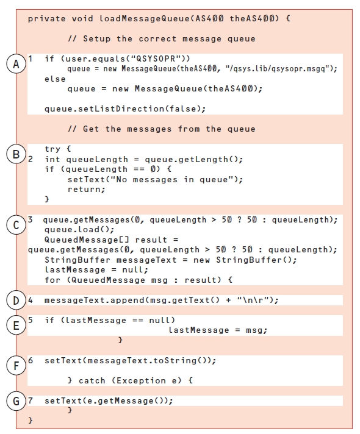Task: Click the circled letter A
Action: pyautogui.click(x=16, y=64)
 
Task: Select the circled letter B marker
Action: pyautogui.click(x=16, y=154)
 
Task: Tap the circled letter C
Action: pyautogui.click(x=16, y=225)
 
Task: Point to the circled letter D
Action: pyautogui.click(x=16, y=301)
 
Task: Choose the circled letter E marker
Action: pyautogui.click(x=16, y=325)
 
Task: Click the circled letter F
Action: pyautogui.click(x=16, y=365)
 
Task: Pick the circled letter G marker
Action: pyautogui.click(x=16, y=401)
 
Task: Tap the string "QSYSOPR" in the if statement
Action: pyautogui.click(x=156, y=59)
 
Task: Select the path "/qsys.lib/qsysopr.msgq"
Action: pyautogui.click(x=276, y=69)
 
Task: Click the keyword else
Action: pyautogui.click(x=55, y=79)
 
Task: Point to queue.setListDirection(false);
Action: pyautogui.click(x=125, y=108)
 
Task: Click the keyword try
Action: pyautogui.click(x=52, y=149)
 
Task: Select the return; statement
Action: pyautogui.click(x=87, y=190)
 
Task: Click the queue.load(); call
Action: pyautogui.click(x=79, y=229)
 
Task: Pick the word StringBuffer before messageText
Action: pyautogui.click(x=77, y=260)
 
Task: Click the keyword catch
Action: pyautogui.click(x=92, y=380)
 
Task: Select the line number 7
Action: pyautogui.click(x=31, y=400)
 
